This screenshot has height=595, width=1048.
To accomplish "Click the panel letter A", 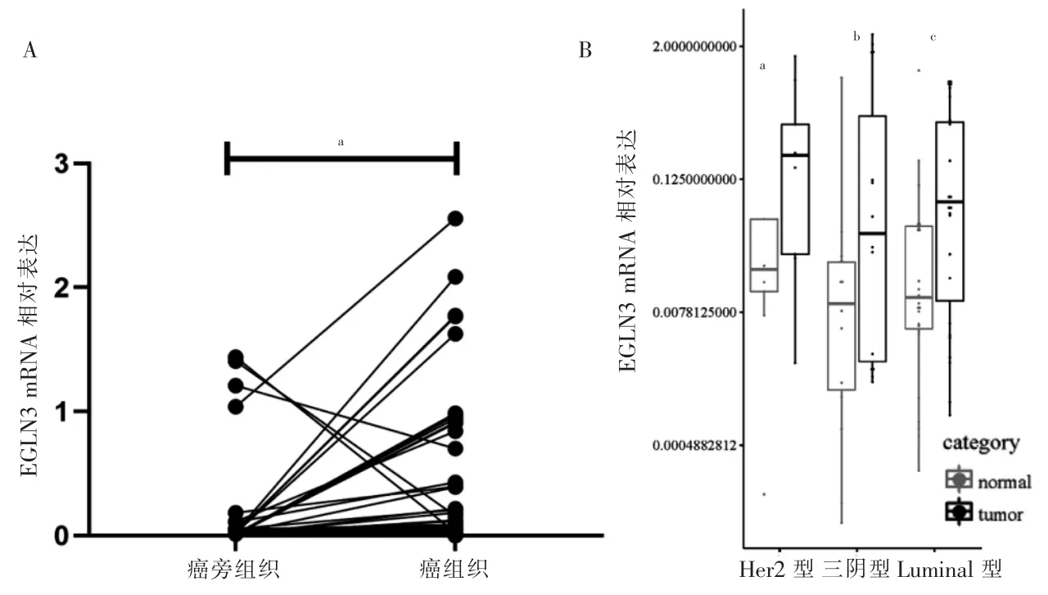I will [x=30, y=52].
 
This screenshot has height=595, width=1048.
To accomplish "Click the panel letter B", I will [x=585, y=51].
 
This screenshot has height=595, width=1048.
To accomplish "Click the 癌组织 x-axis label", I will [x=455, y=568].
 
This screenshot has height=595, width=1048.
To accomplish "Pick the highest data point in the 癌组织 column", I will [x=455, y=218].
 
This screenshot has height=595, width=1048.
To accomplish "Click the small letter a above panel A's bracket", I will [x=341, y=142].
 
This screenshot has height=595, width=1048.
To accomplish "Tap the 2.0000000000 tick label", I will [x=693, y=46].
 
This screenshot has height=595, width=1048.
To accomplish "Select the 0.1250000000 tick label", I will [x=693, y=179].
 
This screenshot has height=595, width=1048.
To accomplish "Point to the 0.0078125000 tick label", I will [x=693, y=312].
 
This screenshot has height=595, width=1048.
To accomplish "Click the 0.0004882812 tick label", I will [x=693, y=446].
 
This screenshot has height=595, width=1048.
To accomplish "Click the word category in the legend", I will [x=981, y=444].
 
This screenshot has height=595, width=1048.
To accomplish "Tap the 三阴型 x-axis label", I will [x=856, y=568].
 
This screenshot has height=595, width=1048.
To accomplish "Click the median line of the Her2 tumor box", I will [x=795, y=155].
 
